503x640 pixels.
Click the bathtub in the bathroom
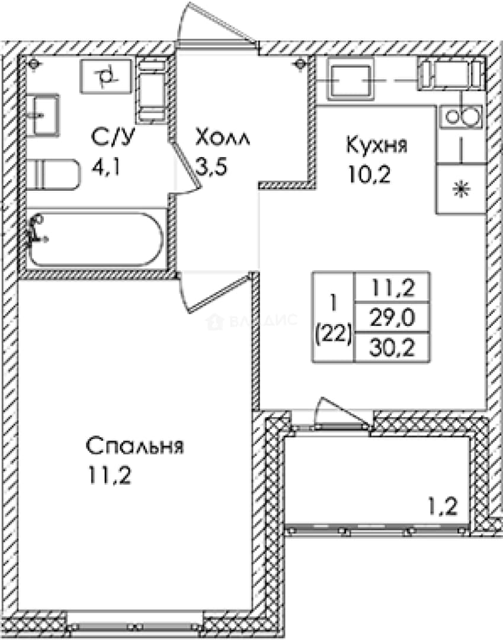click(96, 239)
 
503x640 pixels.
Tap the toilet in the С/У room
click(54, 175)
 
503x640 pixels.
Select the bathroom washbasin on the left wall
click(43, 115)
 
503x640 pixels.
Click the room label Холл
click(222, 137)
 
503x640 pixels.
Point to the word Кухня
click(376, 145)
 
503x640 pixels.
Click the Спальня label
click(134, 446)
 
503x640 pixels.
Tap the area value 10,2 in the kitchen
click(369, 175)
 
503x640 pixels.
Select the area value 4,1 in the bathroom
click(105, 167)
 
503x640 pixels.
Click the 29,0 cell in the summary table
click(392, 318)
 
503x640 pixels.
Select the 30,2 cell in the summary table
click(392, 348)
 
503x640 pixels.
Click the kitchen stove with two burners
click(461, 117)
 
